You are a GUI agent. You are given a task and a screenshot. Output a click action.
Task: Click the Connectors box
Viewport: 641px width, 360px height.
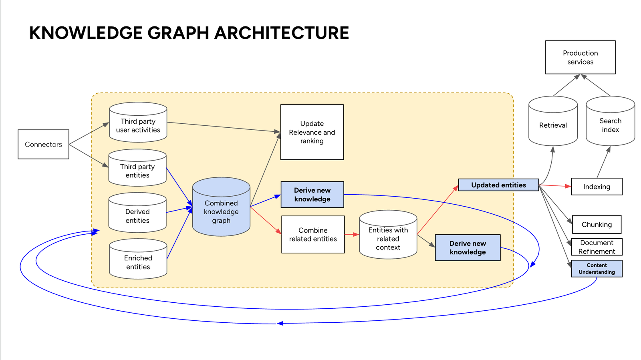(43, 144)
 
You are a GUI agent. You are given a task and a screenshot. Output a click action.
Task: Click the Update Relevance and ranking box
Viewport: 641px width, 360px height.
(312, 132)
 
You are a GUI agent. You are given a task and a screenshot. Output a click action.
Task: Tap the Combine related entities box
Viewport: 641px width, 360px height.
(313, 235)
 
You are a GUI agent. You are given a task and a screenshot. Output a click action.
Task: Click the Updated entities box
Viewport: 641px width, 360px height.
(498, 185)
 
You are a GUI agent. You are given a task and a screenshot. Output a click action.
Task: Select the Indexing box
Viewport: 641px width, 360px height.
(597, 187)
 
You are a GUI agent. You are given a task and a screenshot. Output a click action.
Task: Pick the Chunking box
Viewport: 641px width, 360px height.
(597, 224)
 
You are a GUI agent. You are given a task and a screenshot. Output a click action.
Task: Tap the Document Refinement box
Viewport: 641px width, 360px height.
(597, 247)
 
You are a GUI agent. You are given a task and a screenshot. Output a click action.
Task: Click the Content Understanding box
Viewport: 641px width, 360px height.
(597, 268)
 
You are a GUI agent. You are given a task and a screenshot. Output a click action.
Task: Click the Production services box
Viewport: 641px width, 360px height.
(580, 57)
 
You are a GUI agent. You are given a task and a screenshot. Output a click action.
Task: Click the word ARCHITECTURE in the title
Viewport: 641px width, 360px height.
(282, 33)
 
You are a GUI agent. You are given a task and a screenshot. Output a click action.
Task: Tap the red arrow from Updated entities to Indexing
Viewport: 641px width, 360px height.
(555, 186)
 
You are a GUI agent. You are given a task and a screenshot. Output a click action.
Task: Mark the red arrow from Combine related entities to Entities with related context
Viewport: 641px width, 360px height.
(351, 234)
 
